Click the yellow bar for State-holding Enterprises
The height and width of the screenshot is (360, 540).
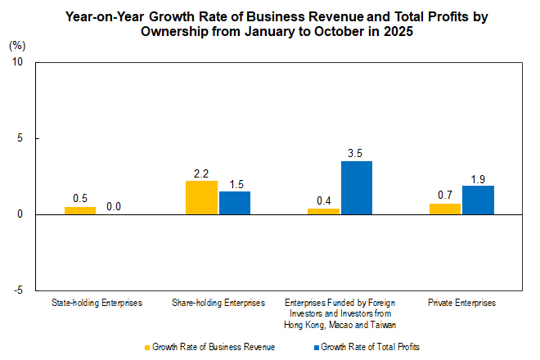(80, 210)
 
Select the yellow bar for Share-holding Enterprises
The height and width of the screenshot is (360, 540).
(201, 197)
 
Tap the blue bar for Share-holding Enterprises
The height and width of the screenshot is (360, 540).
(235, 203)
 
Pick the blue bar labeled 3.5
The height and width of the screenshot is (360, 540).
(357, 187)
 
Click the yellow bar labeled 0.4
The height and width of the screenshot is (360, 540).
(323, 211)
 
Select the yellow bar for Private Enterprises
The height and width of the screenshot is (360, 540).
(445, 209)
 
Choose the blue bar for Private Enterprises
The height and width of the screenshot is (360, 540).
(479, 200)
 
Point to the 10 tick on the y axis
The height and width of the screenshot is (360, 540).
(17, 62)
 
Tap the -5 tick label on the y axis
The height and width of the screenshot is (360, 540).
(18, 290)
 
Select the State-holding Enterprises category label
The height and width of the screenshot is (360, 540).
(97, 303)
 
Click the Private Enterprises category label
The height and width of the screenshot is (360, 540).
(462, 303)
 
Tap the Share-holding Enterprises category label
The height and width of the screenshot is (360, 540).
(218, 303)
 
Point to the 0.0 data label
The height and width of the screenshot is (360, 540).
(114, 207)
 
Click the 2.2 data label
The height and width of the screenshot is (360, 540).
(201, 173)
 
